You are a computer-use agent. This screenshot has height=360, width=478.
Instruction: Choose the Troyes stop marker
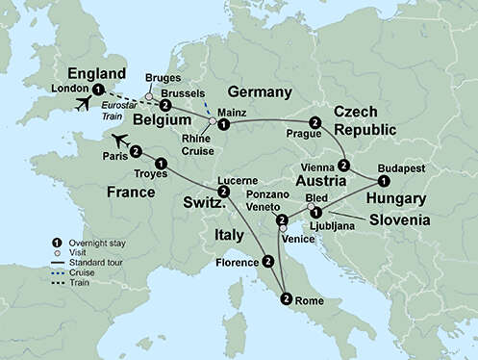[161, 165]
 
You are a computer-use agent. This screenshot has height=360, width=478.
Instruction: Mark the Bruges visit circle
[149, 96]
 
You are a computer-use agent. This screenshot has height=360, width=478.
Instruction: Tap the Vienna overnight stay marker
[344, 165]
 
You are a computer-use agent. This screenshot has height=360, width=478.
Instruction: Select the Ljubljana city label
[350, 225]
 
